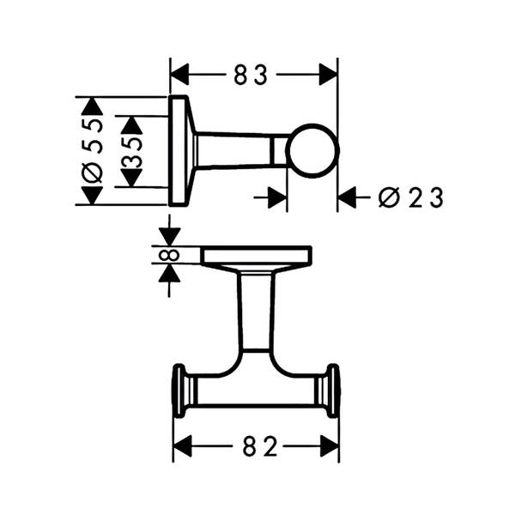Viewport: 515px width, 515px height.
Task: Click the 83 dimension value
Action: coord(251,75)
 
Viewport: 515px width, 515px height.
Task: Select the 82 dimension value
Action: coord(260,446)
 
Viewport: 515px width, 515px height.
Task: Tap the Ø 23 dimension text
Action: coord(411,197)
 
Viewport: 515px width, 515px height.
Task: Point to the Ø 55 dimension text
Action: coord(93,151)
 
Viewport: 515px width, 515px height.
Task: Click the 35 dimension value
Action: coord(131,152)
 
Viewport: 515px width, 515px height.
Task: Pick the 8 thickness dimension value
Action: coord(169,255)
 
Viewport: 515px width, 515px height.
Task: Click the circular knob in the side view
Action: coord(312,151)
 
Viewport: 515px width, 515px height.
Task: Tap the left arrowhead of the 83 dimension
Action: coord(179,75)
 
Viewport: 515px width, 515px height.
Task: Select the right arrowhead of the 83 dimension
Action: coord(328,75)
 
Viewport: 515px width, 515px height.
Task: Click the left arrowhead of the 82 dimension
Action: coord(183,446)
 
